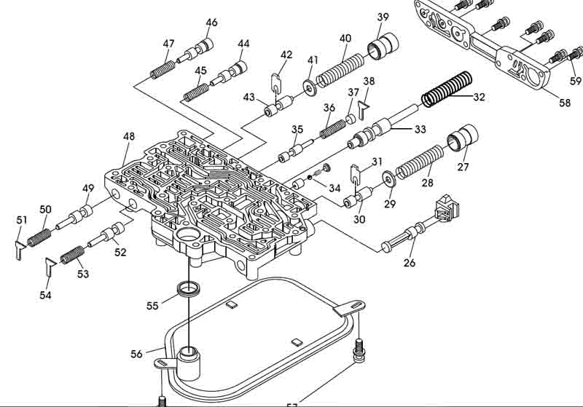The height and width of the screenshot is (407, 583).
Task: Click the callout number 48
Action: (129, 137)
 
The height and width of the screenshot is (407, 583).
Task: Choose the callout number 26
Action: (410, 262)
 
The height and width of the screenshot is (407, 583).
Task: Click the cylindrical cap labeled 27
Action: (463, 139)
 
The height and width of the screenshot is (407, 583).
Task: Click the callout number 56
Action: (136, 354)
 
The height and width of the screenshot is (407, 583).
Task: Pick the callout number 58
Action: (565, 103)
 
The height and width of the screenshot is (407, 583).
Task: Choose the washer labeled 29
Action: (388, 178)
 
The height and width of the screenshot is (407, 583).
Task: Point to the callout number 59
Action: (576, 81)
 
